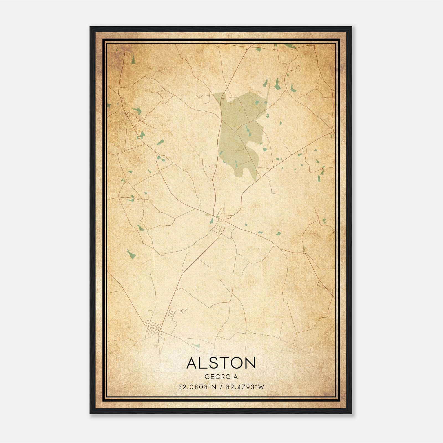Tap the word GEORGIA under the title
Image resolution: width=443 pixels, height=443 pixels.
pos(221,377)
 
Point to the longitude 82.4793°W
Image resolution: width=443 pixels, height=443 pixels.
pos(245,387)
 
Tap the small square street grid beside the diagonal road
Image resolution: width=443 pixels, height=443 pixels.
pos(171,314)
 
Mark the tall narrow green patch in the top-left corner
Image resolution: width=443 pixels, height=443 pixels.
pos(133,60)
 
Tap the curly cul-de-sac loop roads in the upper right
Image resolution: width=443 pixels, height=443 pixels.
pos(294,66)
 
